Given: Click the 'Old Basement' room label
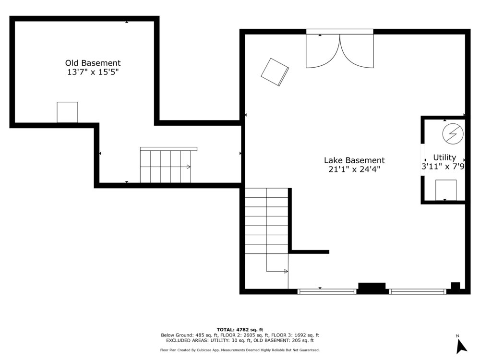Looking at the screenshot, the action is click(93, 63).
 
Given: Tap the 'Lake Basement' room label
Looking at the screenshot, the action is click(354, 160).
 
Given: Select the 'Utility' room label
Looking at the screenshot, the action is click(444, 157).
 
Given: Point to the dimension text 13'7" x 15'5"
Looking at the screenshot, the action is click(93, 72).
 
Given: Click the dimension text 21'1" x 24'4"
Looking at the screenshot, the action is click(354, 169).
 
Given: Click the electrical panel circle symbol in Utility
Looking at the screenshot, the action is click(453, 134).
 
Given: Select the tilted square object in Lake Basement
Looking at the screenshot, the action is click(275, 72).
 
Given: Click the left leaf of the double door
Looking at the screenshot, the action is click(323, 51).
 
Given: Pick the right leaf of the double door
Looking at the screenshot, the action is click(357, 51).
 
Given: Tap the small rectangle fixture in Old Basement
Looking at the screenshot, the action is click(67, 112).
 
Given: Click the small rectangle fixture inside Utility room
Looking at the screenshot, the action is click(446, 190).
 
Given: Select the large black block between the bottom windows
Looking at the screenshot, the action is click(372, 288).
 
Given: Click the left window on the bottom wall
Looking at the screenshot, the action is click(327, 292).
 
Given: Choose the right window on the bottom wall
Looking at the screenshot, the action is click(418, 292).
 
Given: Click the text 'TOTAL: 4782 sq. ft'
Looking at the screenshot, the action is click(240, 330).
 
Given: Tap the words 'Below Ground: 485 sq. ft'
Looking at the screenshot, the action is click(185, 335).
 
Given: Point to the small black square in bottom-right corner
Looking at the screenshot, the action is click(455, 286).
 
